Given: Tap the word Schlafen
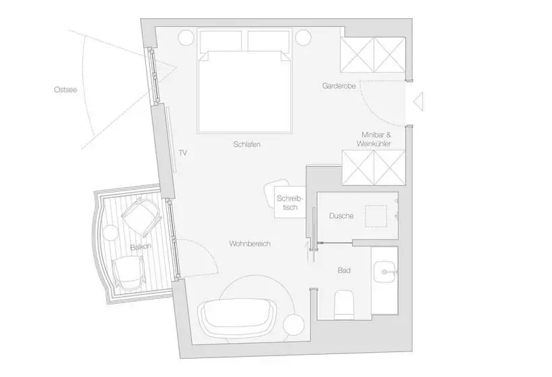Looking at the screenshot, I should coord(247,145).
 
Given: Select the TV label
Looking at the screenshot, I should coord(182,153).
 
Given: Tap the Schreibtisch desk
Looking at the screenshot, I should coord(290,202).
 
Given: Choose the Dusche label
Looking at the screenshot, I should coord(342,216).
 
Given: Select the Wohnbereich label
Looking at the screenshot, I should coord(249,244).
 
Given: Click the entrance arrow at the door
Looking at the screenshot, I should coord(417,102).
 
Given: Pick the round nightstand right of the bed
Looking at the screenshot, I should coord(303,37).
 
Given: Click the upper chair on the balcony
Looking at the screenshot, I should coord(141,215).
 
